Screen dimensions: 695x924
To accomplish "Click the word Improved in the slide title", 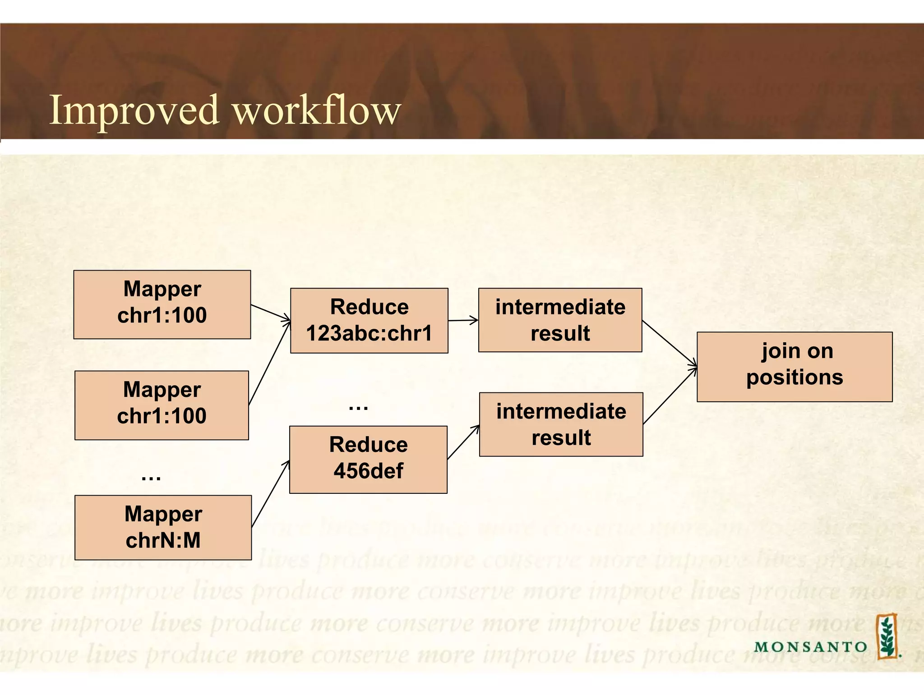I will click(x=134, y=110).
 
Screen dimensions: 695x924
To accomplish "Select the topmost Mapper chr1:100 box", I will click(x=162, y=304).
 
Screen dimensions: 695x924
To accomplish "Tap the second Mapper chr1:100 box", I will click(x=162, y=405).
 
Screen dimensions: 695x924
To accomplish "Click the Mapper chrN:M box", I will click(x=163, y=527).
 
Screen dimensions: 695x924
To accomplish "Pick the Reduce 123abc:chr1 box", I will click(x=369, y=320).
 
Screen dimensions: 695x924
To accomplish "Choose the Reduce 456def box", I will click(x=368, y=459).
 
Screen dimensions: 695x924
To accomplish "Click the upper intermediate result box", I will click(x=560, y=320).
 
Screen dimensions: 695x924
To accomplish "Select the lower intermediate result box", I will click(x=561, y=424).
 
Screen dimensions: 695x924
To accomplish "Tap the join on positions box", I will click(x=794, y=367).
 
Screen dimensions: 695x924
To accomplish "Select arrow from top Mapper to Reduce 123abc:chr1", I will click(x=271, y=313).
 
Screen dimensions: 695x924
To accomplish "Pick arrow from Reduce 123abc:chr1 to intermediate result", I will click(x=463, y=321).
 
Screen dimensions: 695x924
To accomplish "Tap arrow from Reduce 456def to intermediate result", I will click(x=463, y=442).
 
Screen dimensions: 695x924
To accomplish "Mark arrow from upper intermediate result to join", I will click(x=670, y=343).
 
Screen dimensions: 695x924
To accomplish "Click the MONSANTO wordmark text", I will click(x=810, y=647).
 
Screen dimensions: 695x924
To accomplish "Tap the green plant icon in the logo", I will click(x=887, y=635).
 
